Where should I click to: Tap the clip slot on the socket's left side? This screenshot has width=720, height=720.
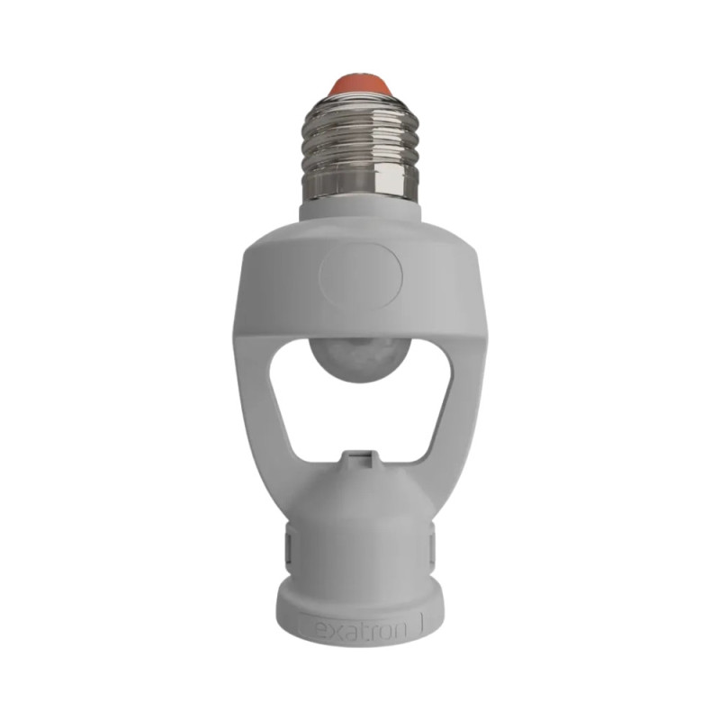coord(285,545)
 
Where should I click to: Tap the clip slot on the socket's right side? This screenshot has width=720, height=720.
coord(433,545)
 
